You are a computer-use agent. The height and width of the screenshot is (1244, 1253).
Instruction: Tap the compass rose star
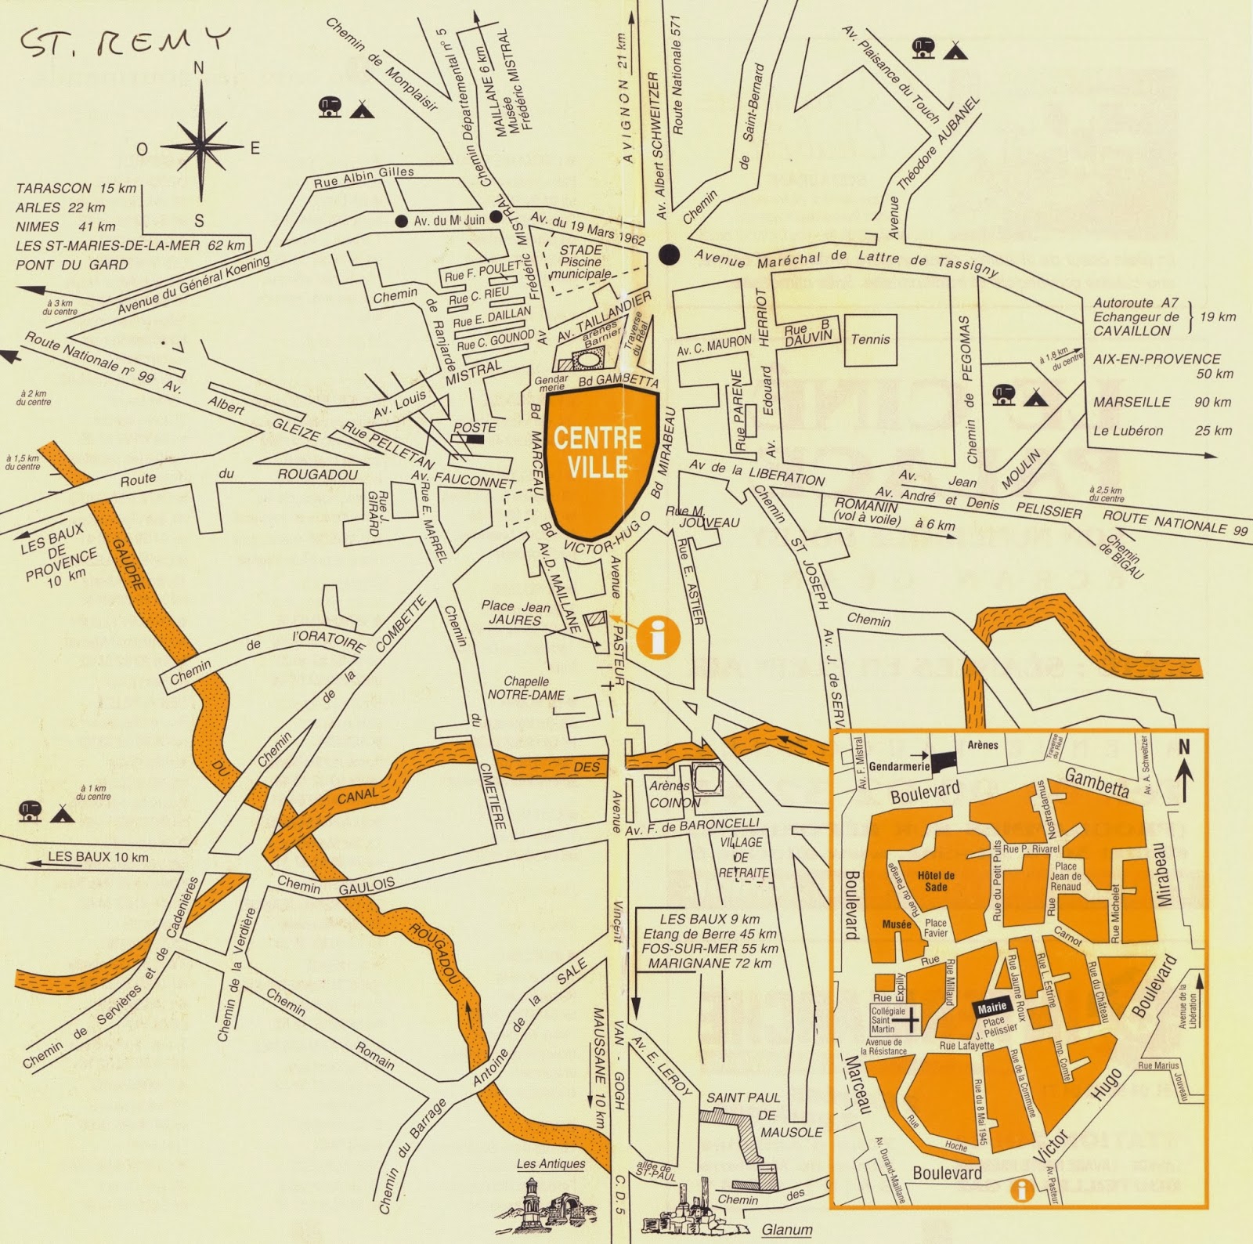click(202, 146)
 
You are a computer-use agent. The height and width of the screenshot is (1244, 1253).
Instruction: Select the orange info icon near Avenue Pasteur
click(658, 636)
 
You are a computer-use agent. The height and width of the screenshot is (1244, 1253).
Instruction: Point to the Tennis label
click(870, 339)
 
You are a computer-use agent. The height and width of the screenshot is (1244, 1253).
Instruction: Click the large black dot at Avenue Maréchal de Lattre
click(669, 254)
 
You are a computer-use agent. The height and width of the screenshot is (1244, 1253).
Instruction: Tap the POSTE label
click(475, 427)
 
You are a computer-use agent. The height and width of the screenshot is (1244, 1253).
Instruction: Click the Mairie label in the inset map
click(991, 1008)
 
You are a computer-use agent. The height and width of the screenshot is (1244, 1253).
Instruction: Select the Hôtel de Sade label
click(936, 881)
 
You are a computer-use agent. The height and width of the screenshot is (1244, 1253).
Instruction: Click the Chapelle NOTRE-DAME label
click(525, 688)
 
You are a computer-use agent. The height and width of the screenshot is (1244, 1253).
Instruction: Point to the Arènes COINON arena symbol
click(708, 779)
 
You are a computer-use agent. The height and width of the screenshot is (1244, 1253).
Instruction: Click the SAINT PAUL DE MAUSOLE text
click(753, 1115)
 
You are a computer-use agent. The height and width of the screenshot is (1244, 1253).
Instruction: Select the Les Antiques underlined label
click(551, 1163)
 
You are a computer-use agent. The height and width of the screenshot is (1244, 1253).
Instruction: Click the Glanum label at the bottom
click(787, 1229)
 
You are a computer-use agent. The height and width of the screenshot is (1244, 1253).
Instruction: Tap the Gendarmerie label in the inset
click(898, 766)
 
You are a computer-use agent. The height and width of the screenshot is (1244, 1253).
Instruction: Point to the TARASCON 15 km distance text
click(76, 189)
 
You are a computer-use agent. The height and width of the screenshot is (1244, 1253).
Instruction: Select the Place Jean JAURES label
click(515, 613)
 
